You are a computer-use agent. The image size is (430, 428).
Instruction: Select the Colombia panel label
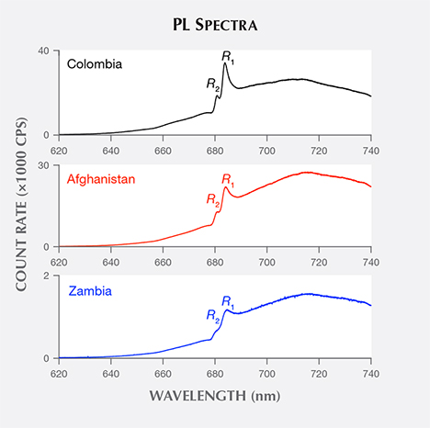click(93, 64)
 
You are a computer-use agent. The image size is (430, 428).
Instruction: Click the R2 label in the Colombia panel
click(212, 84)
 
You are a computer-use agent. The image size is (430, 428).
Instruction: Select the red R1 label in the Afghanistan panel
click(228, 177)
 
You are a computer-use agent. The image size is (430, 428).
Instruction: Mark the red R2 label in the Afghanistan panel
click(212, 197)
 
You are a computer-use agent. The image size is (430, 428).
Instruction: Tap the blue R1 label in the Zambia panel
click(227, 300)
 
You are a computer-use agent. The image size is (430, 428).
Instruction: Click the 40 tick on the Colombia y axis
click(42, 51)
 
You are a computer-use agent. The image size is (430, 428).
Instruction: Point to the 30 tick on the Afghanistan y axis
click(42, 163)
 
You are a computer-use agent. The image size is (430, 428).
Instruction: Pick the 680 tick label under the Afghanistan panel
click(215, 260)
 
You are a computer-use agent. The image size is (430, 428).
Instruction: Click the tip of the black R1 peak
click(225, 63)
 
